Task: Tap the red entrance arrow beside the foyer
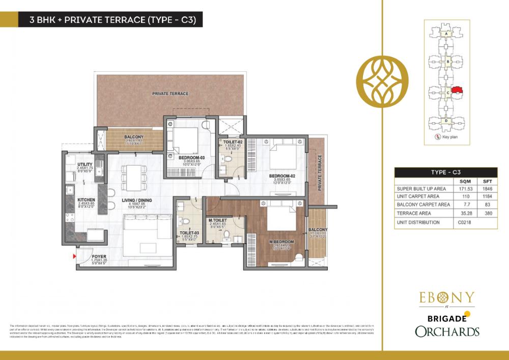75,258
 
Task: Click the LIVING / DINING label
137,201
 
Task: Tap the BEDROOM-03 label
191,158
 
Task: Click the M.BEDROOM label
281,242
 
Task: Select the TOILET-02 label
232,143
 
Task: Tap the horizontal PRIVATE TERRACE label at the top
170,94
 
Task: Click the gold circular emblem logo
383,80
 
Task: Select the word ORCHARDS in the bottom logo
446,331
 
